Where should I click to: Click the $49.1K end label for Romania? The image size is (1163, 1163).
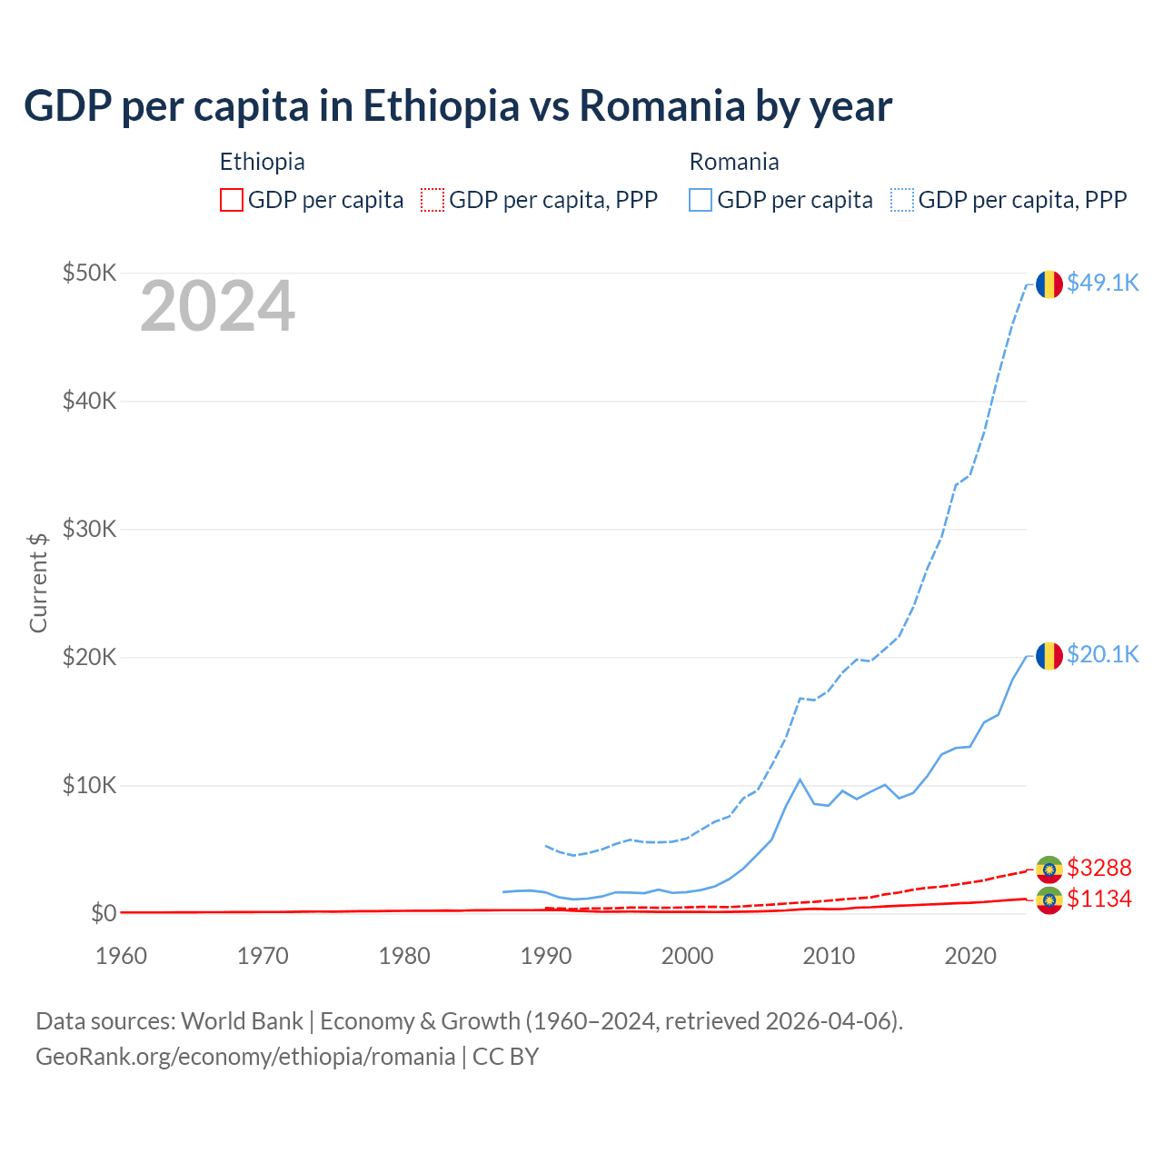[x=1102, y=283]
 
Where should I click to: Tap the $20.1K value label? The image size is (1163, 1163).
[x=1102, y=654]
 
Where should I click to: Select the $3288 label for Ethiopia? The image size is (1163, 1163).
[x=1098, y=868]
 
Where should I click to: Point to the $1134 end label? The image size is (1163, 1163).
[x=1098, y=899]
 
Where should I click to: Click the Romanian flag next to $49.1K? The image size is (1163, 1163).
[x=1049, y=283]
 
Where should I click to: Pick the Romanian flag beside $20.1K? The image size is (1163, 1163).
[x=1049, y=655]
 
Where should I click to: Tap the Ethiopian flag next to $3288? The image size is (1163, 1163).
[x=1049, y=870]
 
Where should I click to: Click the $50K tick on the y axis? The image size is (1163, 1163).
[x=89, y=273]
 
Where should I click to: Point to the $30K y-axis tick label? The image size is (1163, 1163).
[x=89, y=529]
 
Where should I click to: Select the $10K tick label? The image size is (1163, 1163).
[x=89, y=785]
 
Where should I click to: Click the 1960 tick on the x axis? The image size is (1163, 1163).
[x=121, y=956]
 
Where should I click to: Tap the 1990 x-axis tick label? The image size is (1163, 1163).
[x=546, y=956]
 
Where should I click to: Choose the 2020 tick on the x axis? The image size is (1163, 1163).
[x=970, y=956]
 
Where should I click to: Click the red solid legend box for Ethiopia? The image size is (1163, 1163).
[x=232, y=200]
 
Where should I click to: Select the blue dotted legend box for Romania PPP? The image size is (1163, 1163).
[x=902, y=200]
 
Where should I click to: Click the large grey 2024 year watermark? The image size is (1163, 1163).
[x=217, y=306]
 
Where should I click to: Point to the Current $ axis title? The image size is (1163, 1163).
[x=38, y=582]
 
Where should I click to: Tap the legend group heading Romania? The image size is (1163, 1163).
[x=734, y=162]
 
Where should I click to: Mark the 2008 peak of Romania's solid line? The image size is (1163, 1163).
[x=800, y=779]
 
